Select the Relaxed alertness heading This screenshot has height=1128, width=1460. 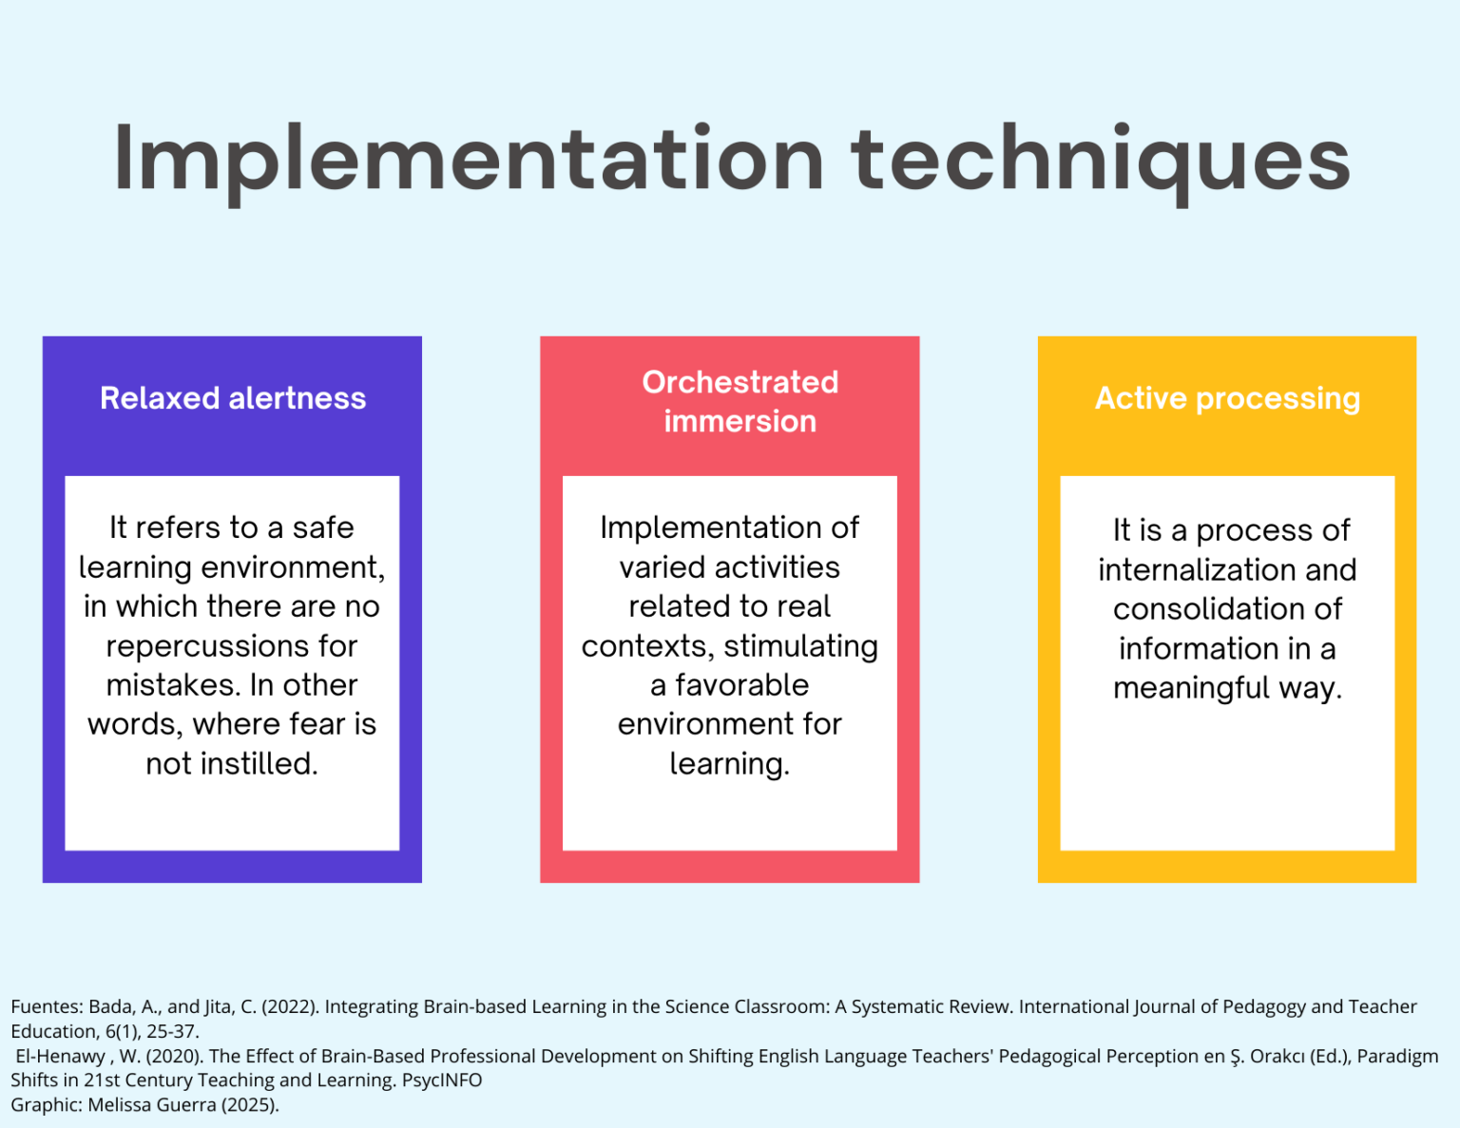click(x=233, y=398)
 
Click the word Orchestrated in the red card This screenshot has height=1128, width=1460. click(x=740, y=382)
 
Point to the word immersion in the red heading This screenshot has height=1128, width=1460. click(x=740, y=422)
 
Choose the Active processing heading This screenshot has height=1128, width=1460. click(x=1227, y=399)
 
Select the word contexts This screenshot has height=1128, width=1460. click(x=647, y=647)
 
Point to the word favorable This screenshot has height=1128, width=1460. click(x=741, y=685)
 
